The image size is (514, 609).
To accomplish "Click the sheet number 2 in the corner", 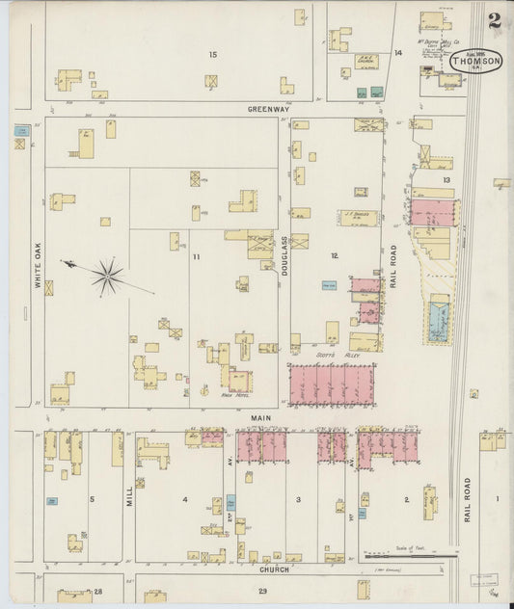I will (493, 20).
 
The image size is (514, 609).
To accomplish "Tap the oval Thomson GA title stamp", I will (475, 62).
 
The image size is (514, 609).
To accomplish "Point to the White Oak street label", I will (40, 270).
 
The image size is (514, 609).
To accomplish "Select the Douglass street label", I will (284, 255).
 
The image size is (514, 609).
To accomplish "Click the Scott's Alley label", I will (332, 356).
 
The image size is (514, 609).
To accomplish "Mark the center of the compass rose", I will (107, 277).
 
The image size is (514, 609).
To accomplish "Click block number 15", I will (213, 55).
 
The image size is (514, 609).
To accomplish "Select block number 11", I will (196, 257).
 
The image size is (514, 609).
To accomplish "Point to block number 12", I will (334, 255).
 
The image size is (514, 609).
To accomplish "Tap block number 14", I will (397, 52).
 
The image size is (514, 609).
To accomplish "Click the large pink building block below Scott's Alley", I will (332, 384).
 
